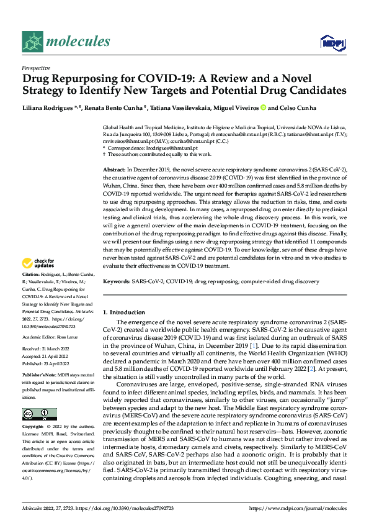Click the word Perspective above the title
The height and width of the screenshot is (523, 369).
tap(36, 68)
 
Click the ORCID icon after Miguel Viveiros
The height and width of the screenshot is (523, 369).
tap(264, 107)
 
